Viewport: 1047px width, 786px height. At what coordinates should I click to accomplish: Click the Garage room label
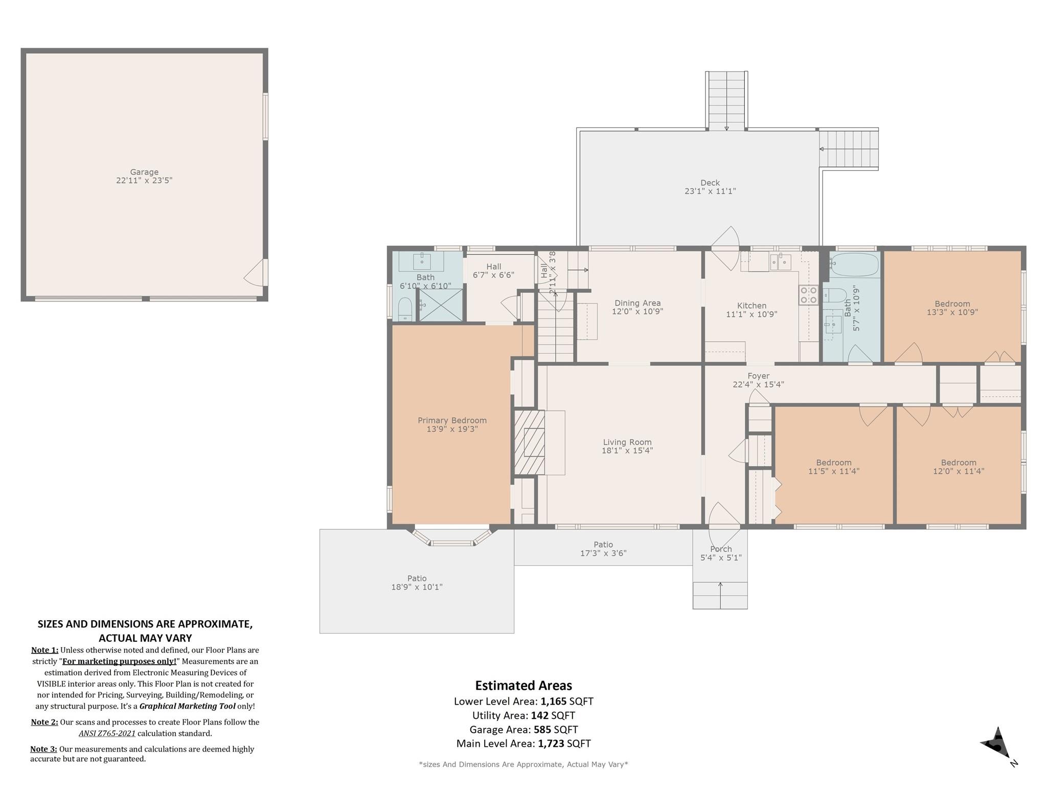(x=144, y=172)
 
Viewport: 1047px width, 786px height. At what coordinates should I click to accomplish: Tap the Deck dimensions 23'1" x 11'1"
(x=710, y=191)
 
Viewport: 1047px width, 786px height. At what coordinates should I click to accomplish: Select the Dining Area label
(x=638, y=303)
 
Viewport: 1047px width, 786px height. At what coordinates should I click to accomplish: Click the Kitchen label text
(x=752, y=305)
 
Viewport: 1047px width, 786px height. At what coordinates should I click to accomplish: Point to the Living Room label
(x=627, y=442)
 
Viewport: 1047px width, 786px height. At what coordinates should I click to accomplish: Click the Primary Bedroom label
(x=452, y=421)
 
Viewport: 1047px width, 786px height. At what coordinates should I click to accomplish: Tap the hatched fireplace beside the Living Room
(x=529, y=442)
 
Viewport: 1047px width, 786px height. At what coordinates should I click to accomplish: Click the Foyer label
(x=758, y=376)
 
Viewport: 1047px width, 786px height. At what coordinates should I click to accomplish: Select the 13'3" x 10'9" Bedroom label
(x=952, y=303)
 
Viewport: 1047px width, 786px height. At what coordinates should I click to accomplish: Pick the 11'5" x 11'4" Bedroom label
(x=834, y=463)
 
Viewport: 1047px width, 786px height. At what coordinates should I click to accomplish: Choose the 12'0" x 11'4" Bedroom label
(x=959, y=463)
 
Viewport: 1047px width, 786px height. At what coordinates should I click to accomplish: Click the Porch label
(x=721, y=549)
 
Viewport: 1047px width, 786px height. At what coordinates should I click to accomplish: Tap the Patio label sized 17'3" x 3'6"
(x=603, y=544)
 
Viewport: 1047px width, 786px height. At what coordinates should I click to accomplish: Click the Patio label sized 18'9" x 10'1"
(x=417, y=578)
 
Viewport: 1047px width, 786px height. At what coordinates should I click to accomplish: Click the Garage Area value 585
(x=543, y=730)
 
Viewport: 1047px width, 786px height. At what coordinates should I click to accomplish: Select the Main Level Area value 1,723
(x=551, y=744)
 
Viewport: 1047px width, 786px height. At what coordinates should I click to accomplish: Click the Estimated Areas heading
(x=523, y=686)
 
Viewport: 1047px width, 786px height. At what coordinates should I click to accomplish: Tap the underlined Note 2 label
(x=44, y=722)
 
